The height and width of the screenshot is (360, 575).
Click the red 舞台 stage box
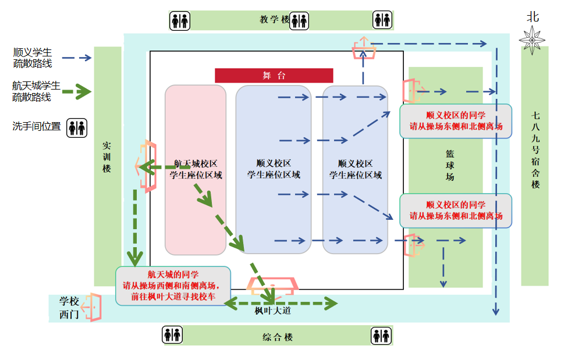pos(274,76)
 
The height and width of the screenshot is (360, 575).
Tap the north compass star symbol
pos(533,39)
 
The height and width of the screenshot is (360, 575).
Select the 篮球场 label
pos(450,165)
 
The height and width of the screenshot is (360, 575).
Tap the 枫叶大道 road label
pos(272,311)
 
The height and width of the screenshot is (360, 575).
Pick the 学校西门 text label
pos(69,307)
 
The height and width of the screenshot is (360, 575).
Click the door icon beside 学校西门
pos(92,307)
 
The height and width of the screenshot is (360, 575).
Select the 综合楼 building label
pos(277,337)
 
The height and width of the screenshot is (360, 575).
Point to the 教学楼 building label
pos(275,19)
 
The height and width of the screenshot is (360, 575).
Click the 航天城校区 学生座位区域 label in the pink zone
pos(196,169)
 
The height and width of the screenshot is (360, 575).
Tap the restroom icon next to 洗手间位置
pos(77,128)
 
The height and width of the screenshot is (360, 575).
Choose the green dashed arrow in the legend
pos(77,92)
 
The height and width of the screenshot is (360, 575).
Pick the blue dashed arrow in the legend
pos(77,58)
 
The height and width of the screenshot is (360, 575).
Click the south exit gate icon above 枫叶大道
pos(273,286)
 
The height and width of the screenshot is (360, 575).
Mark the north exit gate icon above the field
pos(364,48)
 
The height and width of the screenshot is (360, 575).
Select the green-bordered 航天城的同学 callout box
pos(173,285)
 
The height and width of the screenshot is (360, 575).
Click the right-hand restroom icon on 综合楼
pos(381,336)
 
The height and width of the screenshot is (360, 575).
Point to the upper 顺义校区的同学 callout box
pos(456,121)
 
